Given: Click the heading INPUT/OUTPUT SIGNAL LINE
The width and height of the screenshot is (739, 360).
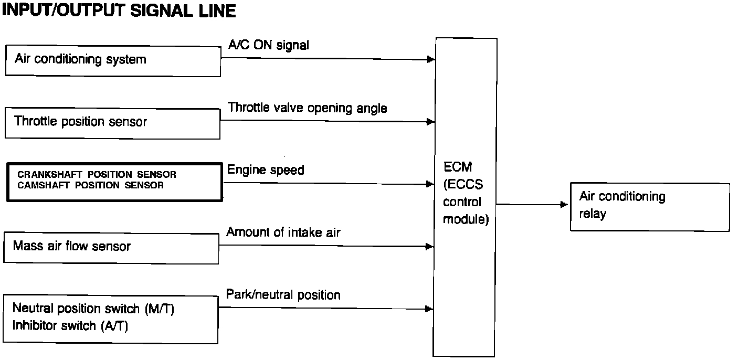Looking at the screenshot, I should [x=119, y=11].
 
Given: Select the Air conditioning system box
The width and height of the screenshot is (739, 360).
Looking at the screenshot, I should [x=112, y=61].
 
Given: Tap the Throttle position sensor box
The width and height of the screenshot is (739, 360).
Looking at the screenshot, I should [x=112, y=123].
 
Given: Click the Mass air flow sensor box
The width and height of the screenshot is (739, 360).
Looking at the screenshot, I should [x=111, y=247].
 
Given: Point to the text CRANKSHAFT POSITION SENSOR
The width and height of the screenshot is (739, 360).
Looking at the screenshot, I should [x=97, y=174].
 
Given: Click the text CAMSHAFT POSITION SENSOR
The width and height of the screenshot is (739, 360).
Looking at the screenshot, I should [x=90, y=185].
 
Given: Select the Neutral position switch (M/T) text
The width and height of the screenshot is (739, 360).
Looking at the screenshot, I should [x=93, y=309].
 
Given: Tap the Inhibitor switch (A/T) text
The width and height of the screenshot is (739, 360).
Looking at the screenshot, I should [x=70, y=326].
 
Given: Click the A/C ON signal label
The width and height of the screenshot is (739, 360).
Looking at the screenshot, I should [x=268, y=46].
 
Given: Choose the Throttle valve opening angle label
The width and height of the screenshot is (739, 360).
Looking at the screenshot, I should [x=307, y=108].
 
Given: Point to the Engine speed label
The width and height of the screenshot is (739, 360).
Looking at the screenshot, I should [x=265, y=170].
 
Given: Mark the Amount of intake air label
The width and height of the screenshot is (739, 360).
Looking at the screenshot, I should [x=283, y=232].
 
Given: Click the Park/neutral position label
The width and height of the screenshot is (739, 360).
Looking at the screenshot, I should [x=283, y=295].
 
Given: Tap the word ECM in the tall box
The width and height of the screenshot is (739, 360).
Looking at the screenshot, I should [x=458, y=167].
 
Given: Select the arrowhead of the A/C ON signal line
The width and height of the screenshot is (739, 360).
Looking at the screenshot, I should [x=431, y=59].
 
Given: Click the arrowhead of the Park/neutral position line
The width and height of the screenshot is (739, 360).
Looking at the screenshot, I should [x=430, y=309].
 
